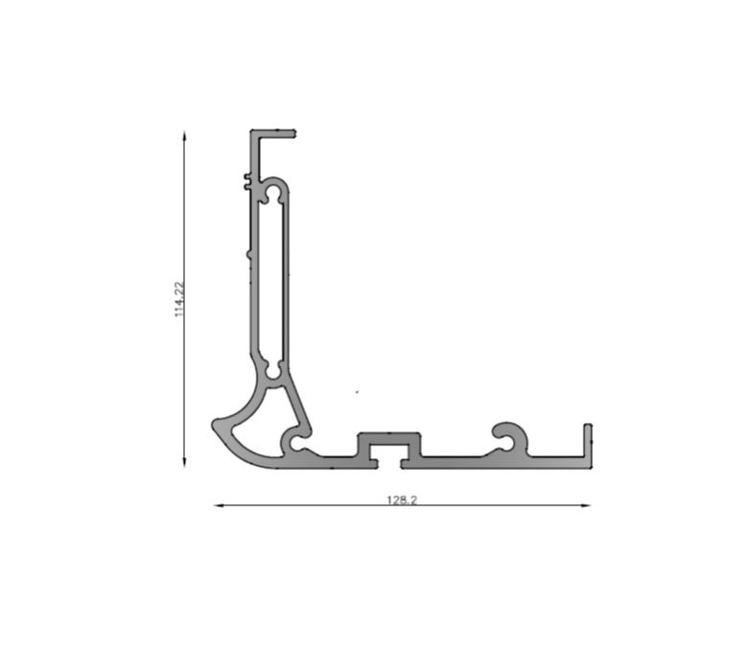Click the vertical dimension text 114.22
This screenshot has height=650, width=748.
(179, 299)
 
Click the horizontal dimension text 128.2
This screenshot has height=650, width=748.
(402, 499)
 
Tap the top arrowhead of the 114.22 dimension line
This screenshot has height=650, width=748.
(185, 135)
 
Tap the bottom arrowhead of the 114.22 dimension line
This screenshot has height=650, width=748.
(185, 463)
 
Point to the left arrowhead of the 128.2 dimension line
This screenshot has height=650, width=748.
(219, 505)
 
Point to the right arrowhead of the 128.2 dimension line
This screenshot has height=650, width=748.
(586, 505)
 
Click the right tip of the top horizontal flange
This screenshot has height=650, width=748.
(295, 133)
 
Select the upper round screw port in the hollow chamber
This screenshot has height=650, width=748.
(273, 193)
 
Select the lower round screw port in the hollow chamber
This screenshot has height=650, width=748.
(273, 370)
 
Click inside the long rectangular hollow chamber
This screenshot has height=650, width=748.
(273, 281)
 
